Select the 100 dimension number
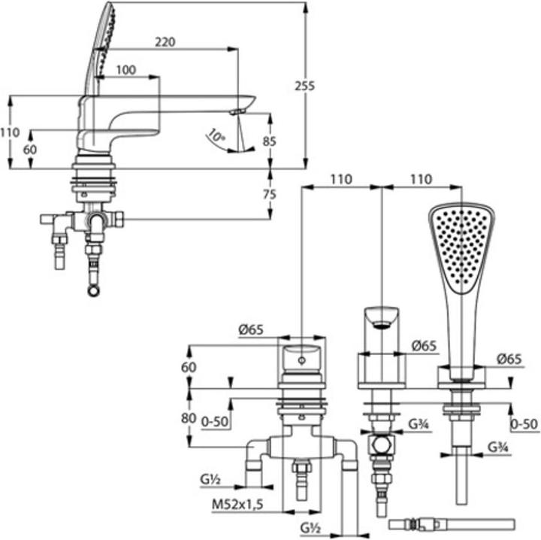pos(127,69)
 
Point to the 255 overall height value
pos(304,86)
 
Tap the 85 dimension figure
pos(270,140)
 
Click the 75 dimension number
pos(270,194)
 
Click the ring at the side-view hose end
pos(93,289)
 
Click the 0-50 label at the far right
pos(525,424)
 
